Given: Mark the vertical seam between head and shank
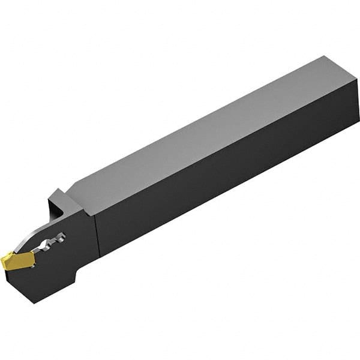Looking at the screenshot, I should tap(96, 240).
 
